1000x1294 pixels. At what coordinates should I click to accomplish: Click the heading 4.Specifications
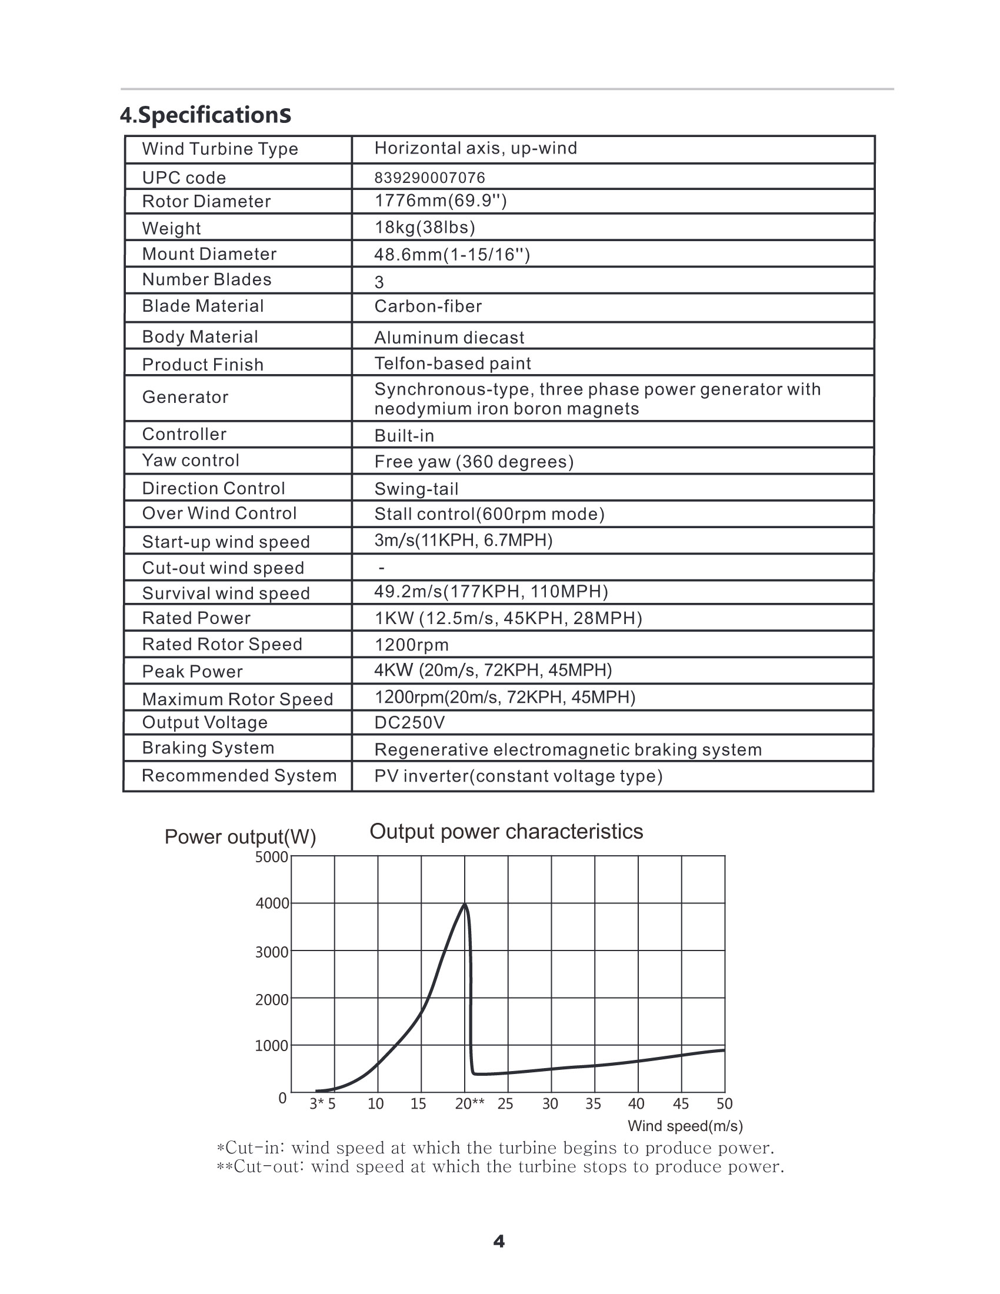coord(205,115)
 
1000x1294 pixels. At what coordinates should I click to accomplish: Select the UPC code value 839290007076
coord(429,178)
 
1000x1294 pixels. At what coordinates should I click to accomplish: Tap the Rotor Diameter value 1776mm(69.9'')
coord(440,201)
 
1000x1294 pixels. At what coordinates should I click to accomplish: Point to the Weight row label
coord(171,228)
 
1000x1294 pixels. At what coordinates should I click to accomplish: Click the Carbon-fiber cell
coord(428,306)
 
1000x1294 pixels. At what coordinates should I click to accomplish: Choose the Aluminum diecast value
coord(449,338)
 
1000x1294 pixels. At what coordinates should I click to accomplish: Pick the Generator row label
coord(185,397)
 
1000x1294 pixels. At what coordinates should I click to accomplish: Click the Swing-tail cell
coord(416,489)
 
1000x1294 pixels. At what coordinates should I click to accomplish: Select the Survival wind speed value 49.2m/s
coord(491,591)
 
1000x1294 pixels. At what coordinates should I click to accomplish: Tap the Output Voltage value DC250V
coord(409,723)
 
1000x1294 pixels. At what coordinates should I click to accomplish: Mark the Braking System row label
coord(208,748)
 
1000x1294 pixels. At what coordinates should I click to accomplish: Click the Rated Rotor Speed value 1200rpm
coord(411,645)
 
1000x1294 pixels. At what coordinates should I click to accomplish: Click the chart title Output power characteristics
coord(506,832)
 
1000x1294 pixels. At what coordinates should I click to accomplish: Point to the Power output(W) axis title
coord(240,837)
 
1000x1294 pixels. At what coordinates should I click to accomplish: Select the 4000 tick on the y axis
coord(272,903)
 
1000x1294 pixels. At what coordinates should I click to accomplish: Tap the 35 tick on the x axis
coord(593,1104)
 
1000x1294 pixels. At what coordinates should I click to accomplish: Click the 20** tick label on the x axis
coord(469,1104)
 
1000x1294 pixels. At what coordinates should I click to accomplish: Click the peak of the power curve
coord(465,904)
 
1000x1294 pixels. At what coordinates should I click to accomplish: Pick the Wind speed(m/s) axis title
coord(685,1126)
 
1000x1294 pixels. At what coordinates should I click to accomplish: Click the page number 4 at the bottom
coord(499,1241)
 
